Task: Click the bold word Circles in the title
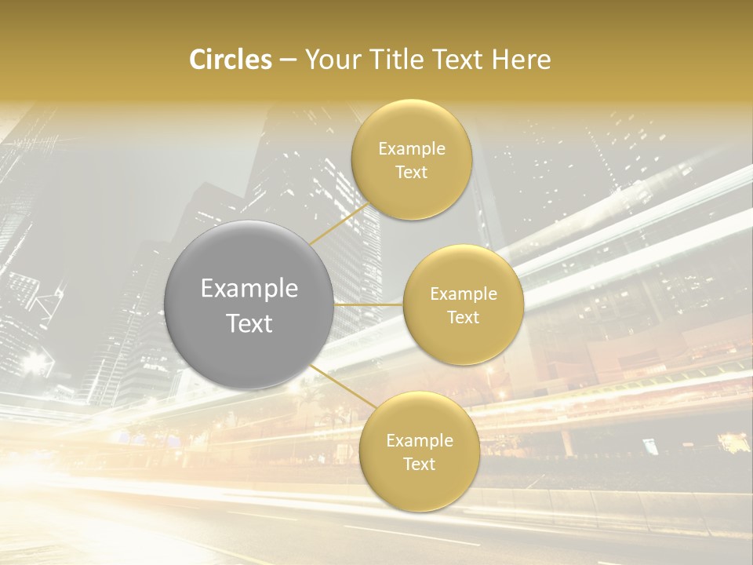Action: click(230, 60)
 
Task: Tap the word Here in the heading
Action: click(521, 60)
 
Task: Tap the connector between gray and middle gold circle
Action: click(368, 304)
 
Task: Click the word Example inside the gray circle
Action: click(249, 289)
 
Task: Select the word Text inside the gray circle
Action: click(249, 323)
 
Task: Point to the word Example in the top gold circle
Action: click(412, 149)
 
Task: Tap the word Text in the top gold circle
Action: click(411, 173)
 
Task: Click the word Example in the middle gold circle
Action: click(464, 294)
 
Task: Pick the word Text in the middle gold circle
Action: click(463, 318)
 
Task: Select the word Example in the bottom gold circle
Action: click(420, 441)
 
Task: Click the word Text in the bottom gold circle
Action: click(419, 465)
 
